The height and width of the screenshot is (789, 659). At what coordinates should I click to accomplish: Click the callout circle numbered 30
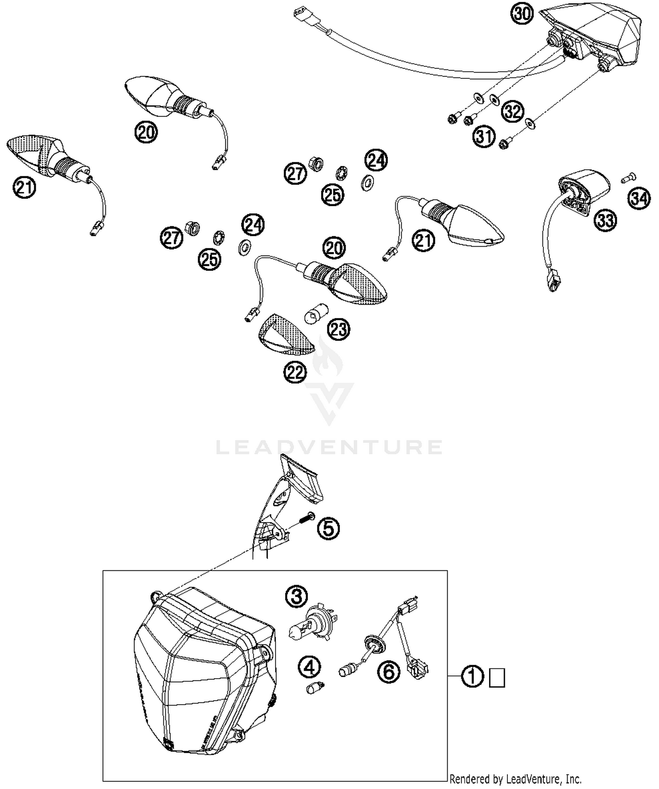[522, 14]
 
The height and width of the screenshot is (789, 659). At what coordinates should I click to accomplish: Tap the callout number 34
[639, 199]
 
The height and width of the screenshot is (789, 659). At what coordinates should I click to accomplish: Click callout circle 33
[605, 219]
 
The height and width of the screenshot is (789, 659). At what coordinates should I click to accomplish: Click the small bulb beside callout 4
[315, 687]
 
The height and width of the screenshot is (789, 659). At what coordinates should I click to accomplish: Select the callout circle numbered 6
[389, 672]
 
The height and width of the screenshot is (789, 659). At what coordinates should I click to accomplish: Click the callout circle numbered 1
[473, 676]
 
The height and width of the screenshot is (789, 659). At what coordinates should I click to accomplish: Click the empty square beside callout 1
[497, 678]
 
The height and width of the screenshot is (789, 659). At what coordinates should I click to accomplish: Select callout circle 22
[295, 373]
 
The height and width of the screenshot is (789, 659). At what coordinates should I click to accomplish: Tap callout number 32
[513, 112]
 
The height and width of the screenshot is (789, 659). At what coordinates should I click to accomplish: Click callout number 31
[484, 136]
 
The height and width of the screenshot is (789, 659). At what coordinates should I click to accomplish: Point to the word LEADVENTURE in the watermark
[329, 448]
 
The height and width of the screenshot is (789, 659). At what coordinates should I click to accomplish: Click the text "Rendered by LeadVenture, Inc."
[515, 779]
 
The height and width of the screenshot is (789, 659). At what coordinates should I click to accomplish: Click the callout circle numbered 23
[339, 329]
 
